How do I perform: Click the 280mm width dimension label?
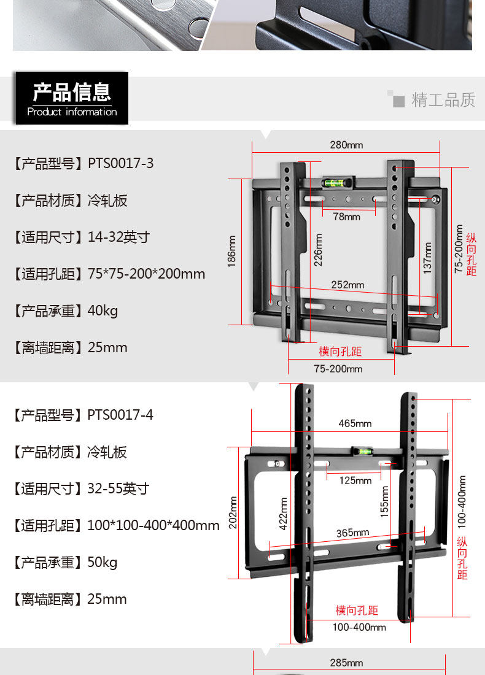(346, 145)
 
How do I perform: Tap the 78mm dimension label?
(347, 217)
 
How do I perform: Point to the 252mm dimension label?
(347, 285)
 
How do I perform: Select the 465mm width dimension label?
(355, 423)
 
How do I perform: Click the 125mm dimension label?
(355, 480)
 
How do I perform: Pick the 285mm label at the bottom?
(346, 663)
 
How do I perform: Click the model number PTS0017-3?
(121, 164)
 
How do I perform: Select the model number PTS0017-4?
(120, 415)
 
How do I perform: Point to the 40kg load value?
(103, 310)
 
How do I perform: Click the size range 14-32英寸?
(118, 237)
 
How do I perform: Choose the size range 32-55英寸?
(118, 488)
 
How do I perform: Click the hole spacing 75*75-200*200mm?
(146, 274)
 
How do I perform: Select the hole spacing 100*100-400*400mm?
(153, 525)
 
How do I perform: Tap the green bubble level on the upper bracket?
(334, 182)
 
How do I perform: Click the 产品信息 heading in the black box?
(72, 92)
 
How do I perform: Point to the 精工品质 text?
(443, 100)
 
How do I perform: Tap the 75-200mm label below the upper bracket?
(338, 369)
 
